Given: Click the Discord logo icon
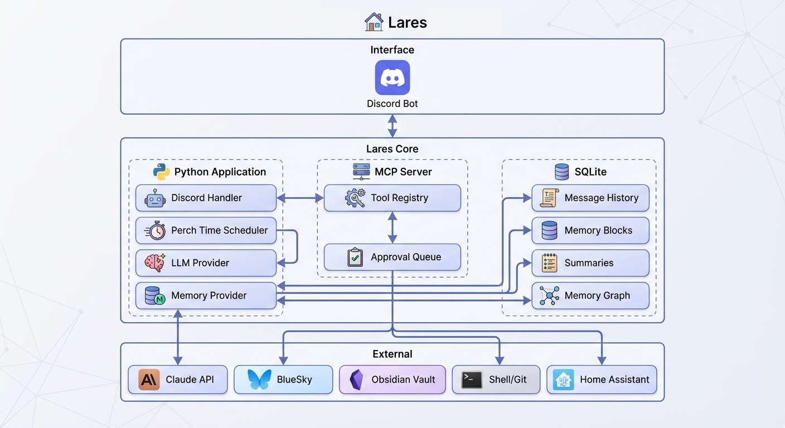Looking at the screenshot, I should pos(392,77).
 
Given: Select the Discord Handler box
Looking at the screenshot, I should pos(206,198).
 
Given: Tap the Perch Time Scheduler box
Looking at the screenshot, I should pos(206,230).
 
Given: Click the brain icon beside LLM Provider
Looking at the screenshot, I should pos(155,263).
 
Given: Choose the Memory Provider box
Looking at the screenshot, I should pos(206,295).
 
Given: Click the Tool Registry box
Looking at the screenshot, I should pos(392,198).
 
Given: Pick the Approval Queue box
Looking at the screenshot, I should pos(392,257).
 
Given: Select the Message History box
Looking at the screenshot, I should pos(590,198).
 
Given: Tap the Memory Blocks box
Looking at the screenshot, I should pos(590,230).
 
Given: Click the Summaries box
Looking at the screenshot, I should pos(590,263).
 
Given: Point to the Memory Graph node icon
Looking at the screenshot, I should pos(549,296).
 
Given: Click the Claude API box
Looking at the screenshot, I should pos(177,380).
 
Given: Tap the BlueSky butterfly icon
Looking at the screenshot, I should pos(260,380).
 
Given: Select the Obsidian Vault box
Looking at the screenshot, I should pos(392,380).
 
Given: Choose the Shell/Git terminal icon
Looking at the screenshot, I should pos(472,380).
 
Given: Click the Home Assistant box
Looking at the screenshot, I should pos(602,380).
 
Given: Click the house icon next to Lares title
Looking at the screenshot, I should pos(374,22).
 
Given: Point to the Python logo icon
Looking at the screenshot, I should pos(162,172).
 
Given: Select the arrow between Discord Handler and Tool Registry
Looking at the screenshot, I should pos(300,198).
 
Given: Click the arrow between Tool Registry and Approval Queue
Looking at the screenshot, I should pos(392,227).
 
